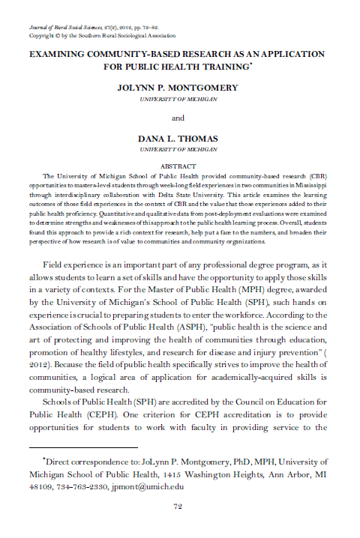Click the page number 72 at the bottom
coord(178,506)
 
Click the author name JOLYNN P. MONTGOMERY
coord(178,88)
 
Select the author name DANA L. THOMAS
coord(178,139)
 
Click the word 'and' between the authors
coord(178,118)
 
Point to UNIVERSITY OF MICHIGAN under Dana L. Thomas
coord(178,150)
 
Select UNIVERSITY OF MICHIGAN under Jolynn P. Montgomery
coord(178,98)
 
